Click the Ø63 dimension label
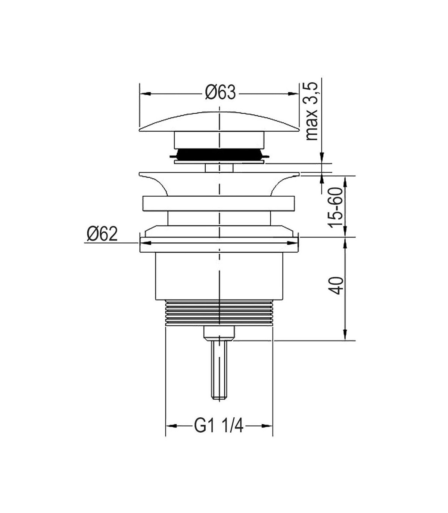click(220, 92)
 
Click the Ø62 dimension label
click(102, 234)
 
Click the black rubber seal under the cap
click(219, 154)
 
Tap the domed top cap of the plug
click(219, 122)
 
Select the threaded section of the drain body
click(219, 313)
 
